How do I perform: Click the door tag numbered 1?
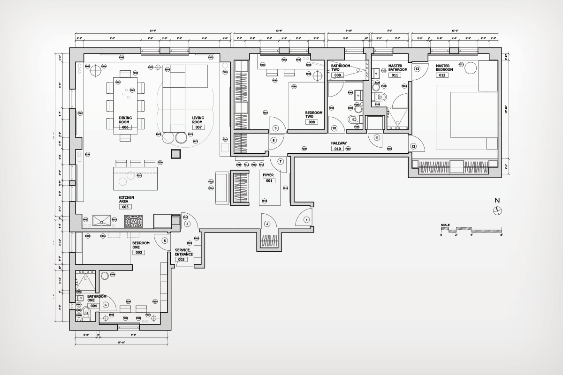[x=307, y=219]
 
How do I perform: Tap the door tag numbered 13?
[x=417, y=68]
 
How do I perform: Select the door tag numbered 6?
[x=106, y=305]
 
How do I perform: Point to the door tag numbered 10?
[x=335, y=128]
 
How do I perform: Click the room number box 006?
[x=125, y=127]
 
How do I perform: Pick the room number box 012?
[x=444, y=75]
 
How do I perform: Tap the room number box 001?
[x=269, y=180]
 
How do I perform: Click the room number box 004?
[x=93, y=306]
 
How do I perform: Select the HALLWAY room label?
[x=338, y=143]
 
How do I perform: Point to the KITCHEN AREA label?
[x=126, y=199]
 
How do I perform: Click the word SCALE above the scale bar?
[x=445, y=225]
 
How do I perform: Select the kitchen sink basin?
[x=102, y=220]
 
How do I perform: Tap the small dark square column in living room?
[x=176, y=154]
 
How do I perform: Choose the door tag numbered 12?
[x=413, y=146]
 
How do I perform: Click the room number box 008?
[x=312, y=122]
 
